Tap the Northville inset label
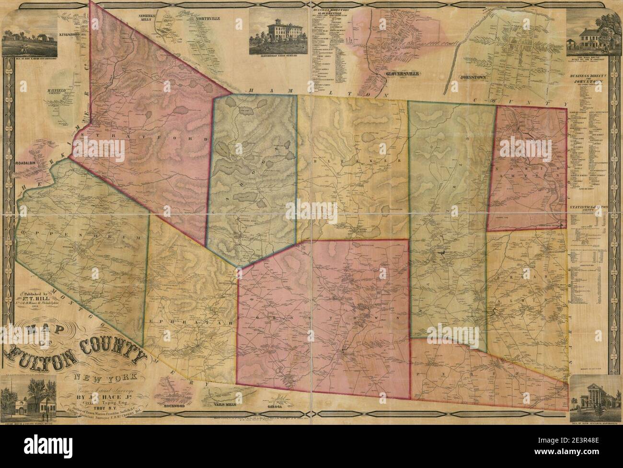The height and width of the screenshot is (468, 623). coord(207,19)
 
